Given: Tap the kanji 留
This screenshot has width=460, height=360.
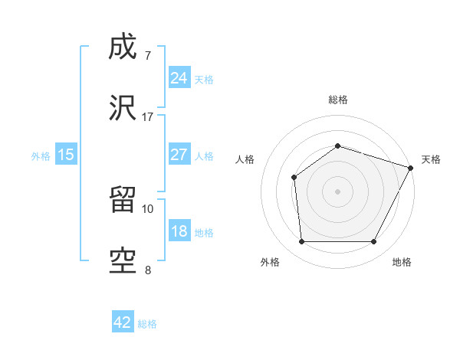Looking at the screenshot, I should pyautogui.click(x=123, y=201).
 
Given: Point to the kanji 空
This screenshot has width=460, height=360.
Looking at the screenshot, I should pyautogui.click(x=123, y=261).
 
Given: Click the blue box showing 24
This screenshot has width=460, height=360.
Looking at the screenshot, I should pyautogui.click(x=179, y=78).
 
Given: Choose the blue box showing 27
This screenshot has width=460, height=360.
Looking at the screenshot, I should pyautogui.click(x=179, y=155).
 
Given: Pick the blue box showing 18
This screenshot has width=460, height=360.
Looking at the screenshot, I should pyautogui.click(x=179, y=231).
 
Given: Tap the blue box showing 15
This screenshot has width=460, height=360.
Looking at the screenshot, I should pyautogui.click(x=66, y=155).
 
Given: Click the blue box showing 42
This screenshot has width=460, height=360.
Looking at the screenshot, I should pyautogui.click(x=123, y=322).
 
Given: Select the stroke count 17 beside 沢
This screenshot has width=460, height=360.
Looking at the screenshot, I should pyautogui.click(x=147, y=117).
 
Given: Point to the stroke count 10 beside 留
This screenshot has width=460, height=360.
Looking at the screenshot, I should pyautogui.click(x=147, y=208).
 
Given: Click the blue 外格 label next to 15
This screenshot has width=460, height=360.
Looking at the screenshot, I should pyautogui.click(x=41, y=155).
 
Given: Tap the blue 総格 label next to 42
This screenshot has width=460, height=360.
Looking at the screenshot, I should pyautogui.click(x=147, y=324).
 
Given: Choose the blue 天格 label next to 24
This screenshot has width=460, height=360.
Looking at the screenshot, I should pyautogui.click(x=204, y=79).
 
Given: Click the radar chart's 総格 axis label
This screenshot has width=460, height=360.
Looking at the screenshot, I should pyautogui.click(x=337, y=100).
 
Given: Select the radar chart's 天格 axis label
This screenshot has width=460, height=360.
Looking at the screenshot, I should pyautogui.click(x=431, y=159).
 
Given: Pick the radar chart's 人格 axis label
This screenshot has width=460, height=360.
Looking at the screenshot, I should pyautogui.click(x=245, y=159).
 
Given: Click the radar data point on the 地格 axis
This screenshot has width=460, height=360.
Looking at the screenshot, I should pyautogui.click(x=374, y=242).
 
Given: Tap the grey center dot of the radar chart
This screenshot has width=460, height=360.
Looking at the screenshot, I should pyautogui.click(x=337, y=191).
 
